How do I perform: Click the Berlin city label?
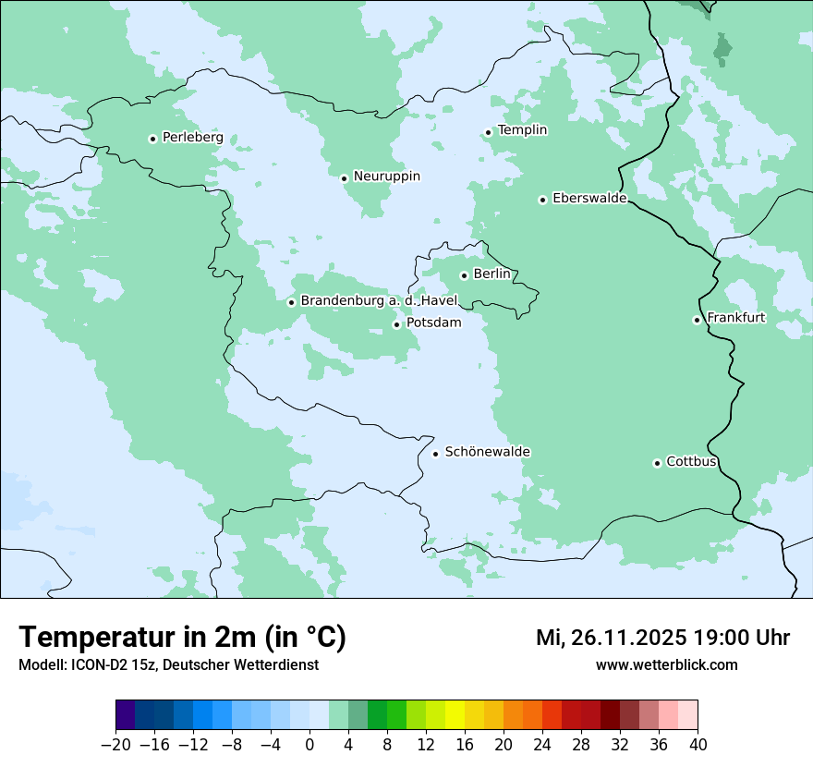coord(491,274)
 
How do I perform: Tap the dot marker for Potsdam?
coord(397,324)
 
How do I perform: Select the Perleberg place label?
coord(192,138)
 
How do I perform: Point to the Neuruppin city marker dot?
coord(344,178)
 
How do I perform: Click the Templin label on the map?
coord(522,130)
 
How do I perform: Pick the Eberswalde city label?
coord(589,199)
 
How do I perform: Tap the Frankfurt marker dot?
coord(698,321)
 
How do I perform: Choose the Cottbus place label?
coord(691,462)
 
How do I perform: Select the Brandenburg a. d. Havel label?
coord(379,301)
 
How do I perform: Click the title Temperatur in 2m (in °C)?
coord(182,638)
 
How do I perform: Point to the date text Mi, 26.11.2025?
coord(611,639)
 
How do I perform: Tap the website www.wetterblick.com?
coord(666,665)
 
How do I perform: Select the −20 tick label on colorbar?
coord(115,745)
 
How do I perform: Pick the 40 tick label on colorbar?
coord(698,745)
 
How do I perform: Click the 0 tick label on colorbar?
coord(309,745)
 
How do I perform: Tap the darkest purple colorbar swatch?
coord(126,715)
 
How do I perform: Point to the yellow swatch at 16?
coord(455,715)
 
